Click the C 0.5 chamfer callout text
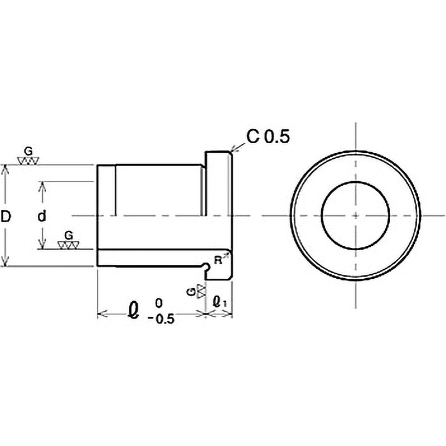point(268,137)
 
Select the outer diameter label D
point(6,217)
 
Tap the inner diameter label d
point(42,217)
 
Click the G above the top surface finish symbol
point(28,152)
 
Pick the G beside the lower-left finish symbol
point(69,235)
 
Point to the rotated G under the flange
point(192,292)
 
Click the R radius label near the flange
point(218,260)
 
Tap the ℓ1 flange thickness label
point(220,302)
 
